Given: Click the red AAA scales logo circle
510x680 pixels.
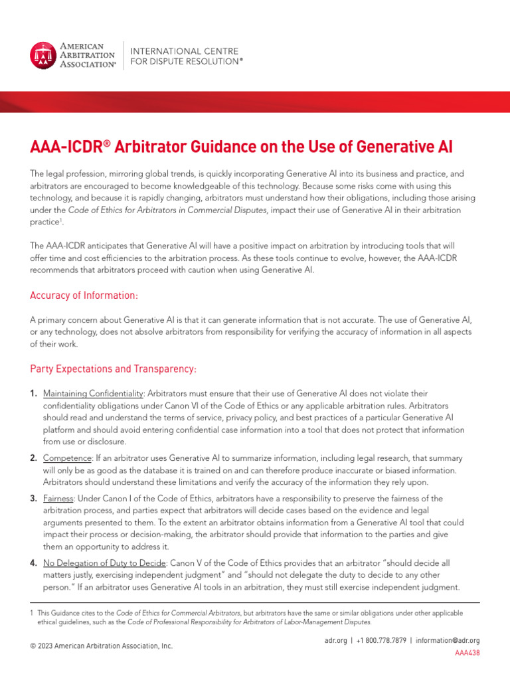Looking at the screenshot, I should [x=44, y=55].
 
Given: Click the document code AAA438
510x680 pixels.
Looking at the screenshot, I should [x=467, y=653].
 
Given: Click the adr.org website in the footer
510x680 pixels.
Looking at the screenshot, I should [x=336, y=640].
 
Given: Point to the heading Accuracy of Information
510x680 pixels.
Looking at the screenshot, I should [x=84, y=295].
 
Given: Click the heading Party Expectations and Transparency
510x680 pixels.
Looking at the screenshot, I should [x=113, y=368].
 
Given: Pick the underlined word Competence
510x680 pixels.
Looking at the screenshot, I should [x=66, y=458].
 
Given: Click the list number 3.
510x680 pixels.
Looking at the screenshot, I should [x=33, y=498].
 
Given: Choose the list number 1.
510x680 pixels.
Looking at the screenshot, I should [x=33, y=394].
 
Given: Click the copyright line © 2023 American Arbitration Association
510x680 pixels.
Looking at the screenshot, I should [x=102, y=645].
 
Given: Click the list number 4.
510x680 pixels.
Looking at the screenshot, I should [x=33, y=563].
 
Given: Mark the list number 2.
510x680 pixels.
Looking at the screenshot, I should [x=33, y=458].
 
